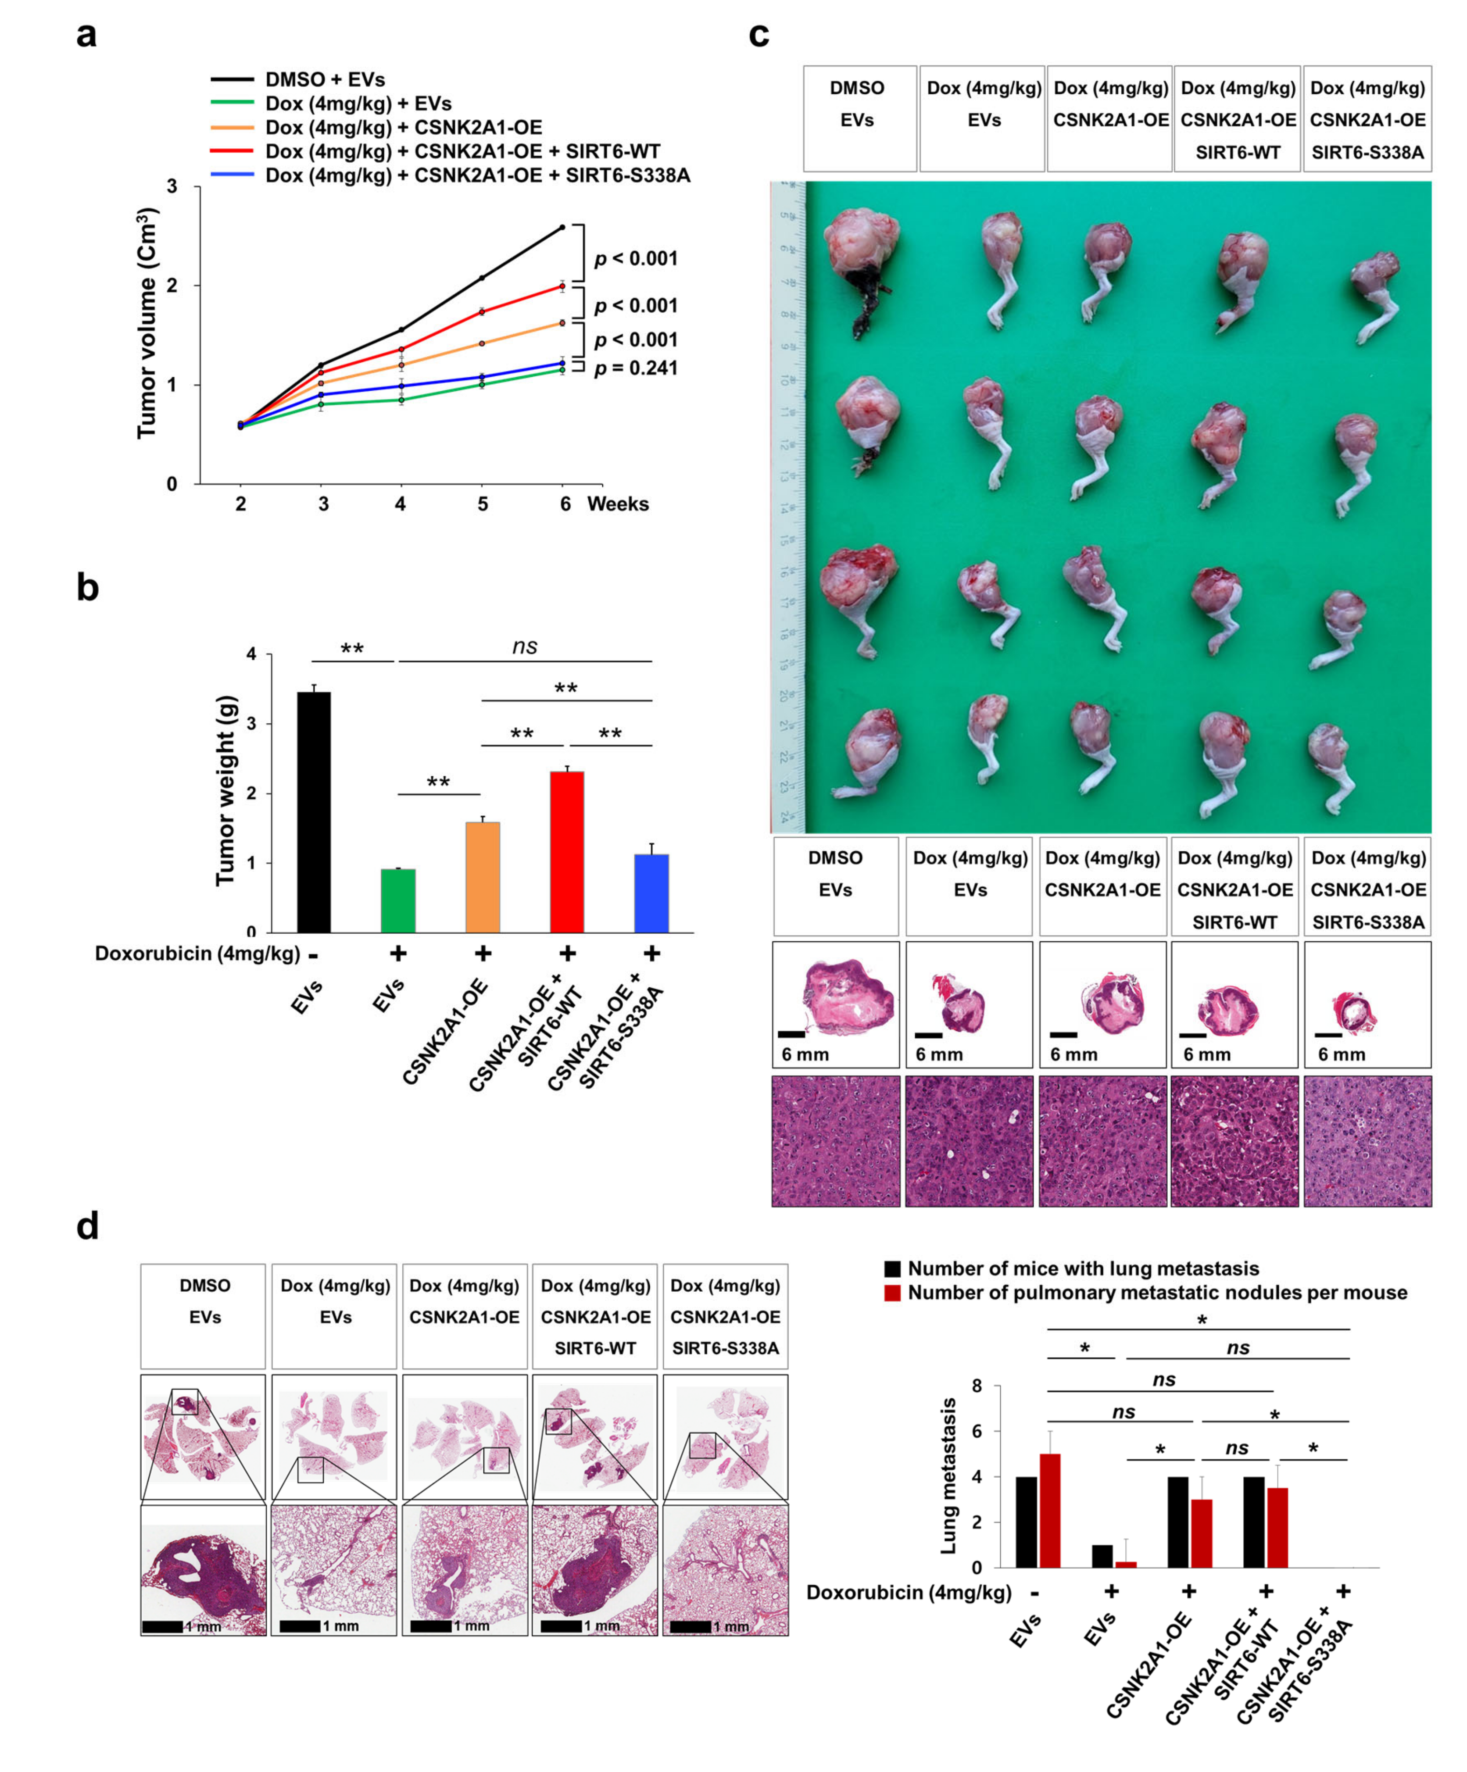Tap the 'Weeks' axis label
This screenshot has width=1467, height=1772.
618,504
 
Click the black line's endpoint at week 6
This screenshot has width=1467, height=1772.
562,227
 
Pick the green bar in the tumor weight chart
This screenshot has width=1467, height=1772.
397,900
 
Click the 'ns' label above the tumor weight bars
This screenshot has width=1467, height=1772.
524,647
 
